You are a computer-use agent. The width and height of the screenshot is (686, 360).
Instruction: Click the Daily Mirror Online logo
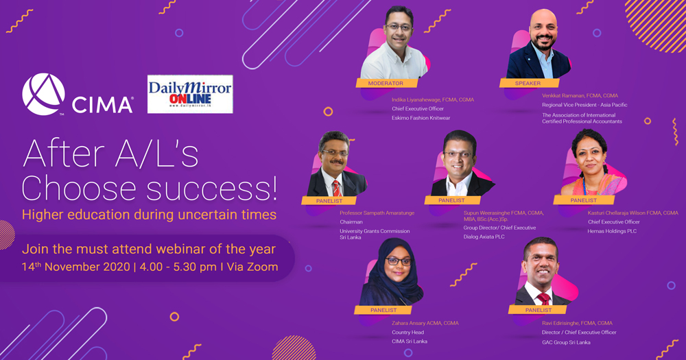coord(190,94)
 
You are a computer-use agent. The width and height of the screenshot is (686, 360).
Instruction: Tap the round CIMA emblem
coord(43,94)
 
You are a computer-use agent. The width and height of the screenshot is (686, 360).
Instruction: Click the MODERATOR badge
coord(386,83)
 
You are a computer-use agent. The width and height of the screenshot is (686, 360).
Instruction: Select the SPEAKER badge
coord(528,83)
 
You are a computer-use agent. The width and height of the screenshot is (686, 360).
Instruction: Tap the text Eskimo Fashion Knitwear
coord(421,118)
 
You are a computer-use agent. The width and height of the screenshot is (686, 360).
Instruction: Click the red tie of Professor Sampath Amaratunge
coord(336,188)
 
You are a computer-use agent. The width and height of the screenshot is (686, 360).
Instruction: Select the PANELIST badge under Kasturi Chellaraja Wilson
coord(584,200)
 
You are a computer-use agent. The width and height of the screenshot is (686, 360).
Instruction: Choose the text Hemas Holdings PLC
coord(612,231)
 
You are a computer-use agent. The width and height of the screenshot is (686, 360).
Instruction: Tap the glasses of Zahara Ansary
coord(399,261)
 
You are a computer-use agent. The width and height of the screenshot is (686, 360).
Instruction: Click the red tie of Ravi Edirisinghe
coord(543,299)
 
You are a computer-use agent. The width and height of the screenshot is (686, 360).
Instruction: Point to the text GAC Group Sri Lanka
coord(566,342)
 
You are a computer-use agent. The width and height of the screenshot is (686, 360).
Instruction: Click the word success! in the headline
coord(212,189)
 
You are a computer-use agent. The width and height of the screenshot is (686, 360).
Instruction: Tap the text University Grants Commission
coord(375,231)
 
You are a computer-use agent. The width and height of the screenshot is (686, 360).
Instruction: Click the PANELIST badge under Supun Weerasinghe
coord(452,200)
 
